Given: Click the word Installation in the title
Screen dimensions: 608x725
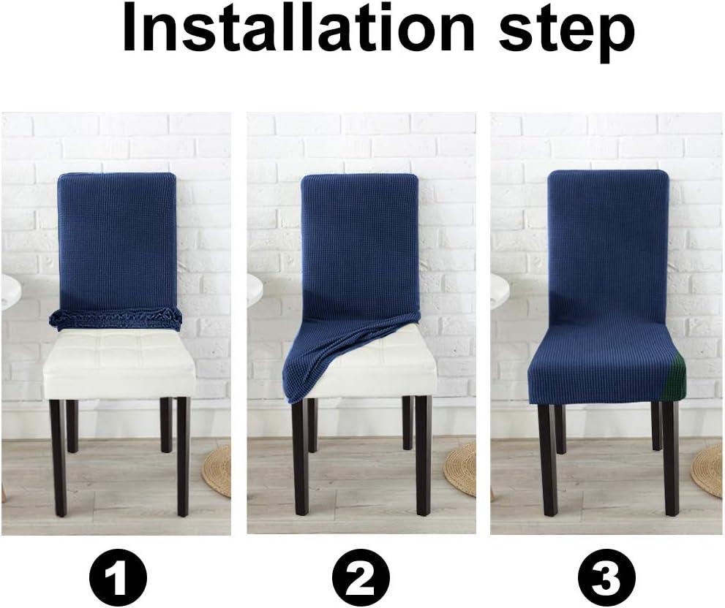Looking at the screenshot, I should point(298,29).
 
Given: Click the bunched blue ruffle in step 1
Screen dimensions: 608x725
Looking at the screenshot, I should point(116,318).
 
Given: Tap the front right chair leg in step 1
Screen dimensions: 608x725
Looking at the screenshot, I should point(183,457).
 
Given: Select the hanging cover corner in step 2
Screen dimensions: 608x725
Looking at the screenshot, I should point(296,380).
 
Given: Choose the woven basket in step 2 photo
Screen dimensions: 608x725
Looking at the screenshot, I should point(460,468).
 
